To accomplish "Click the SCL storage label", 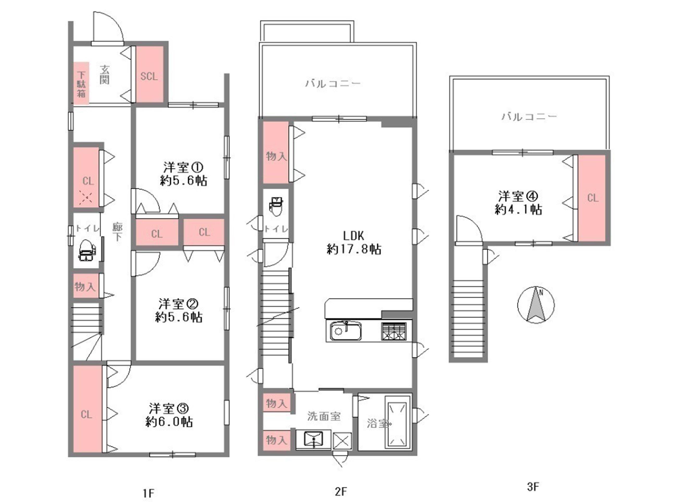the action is point(149,76).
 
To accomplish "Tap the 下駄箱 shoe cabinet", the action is point(81,83).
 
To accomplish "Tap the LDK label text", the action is point(353,235).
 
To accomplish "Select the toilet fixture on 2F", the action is point(276,206).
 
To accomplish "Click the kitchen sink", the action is point(346,331).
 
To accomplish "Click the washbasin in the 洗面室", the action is point(313,439).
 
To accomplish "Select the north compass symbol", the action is point(536,305).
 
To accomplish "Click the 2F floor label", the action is point(341,491).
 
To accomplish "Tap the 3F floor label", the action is point(533,487).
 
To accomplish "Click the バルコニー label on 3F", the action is point(529,116).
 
